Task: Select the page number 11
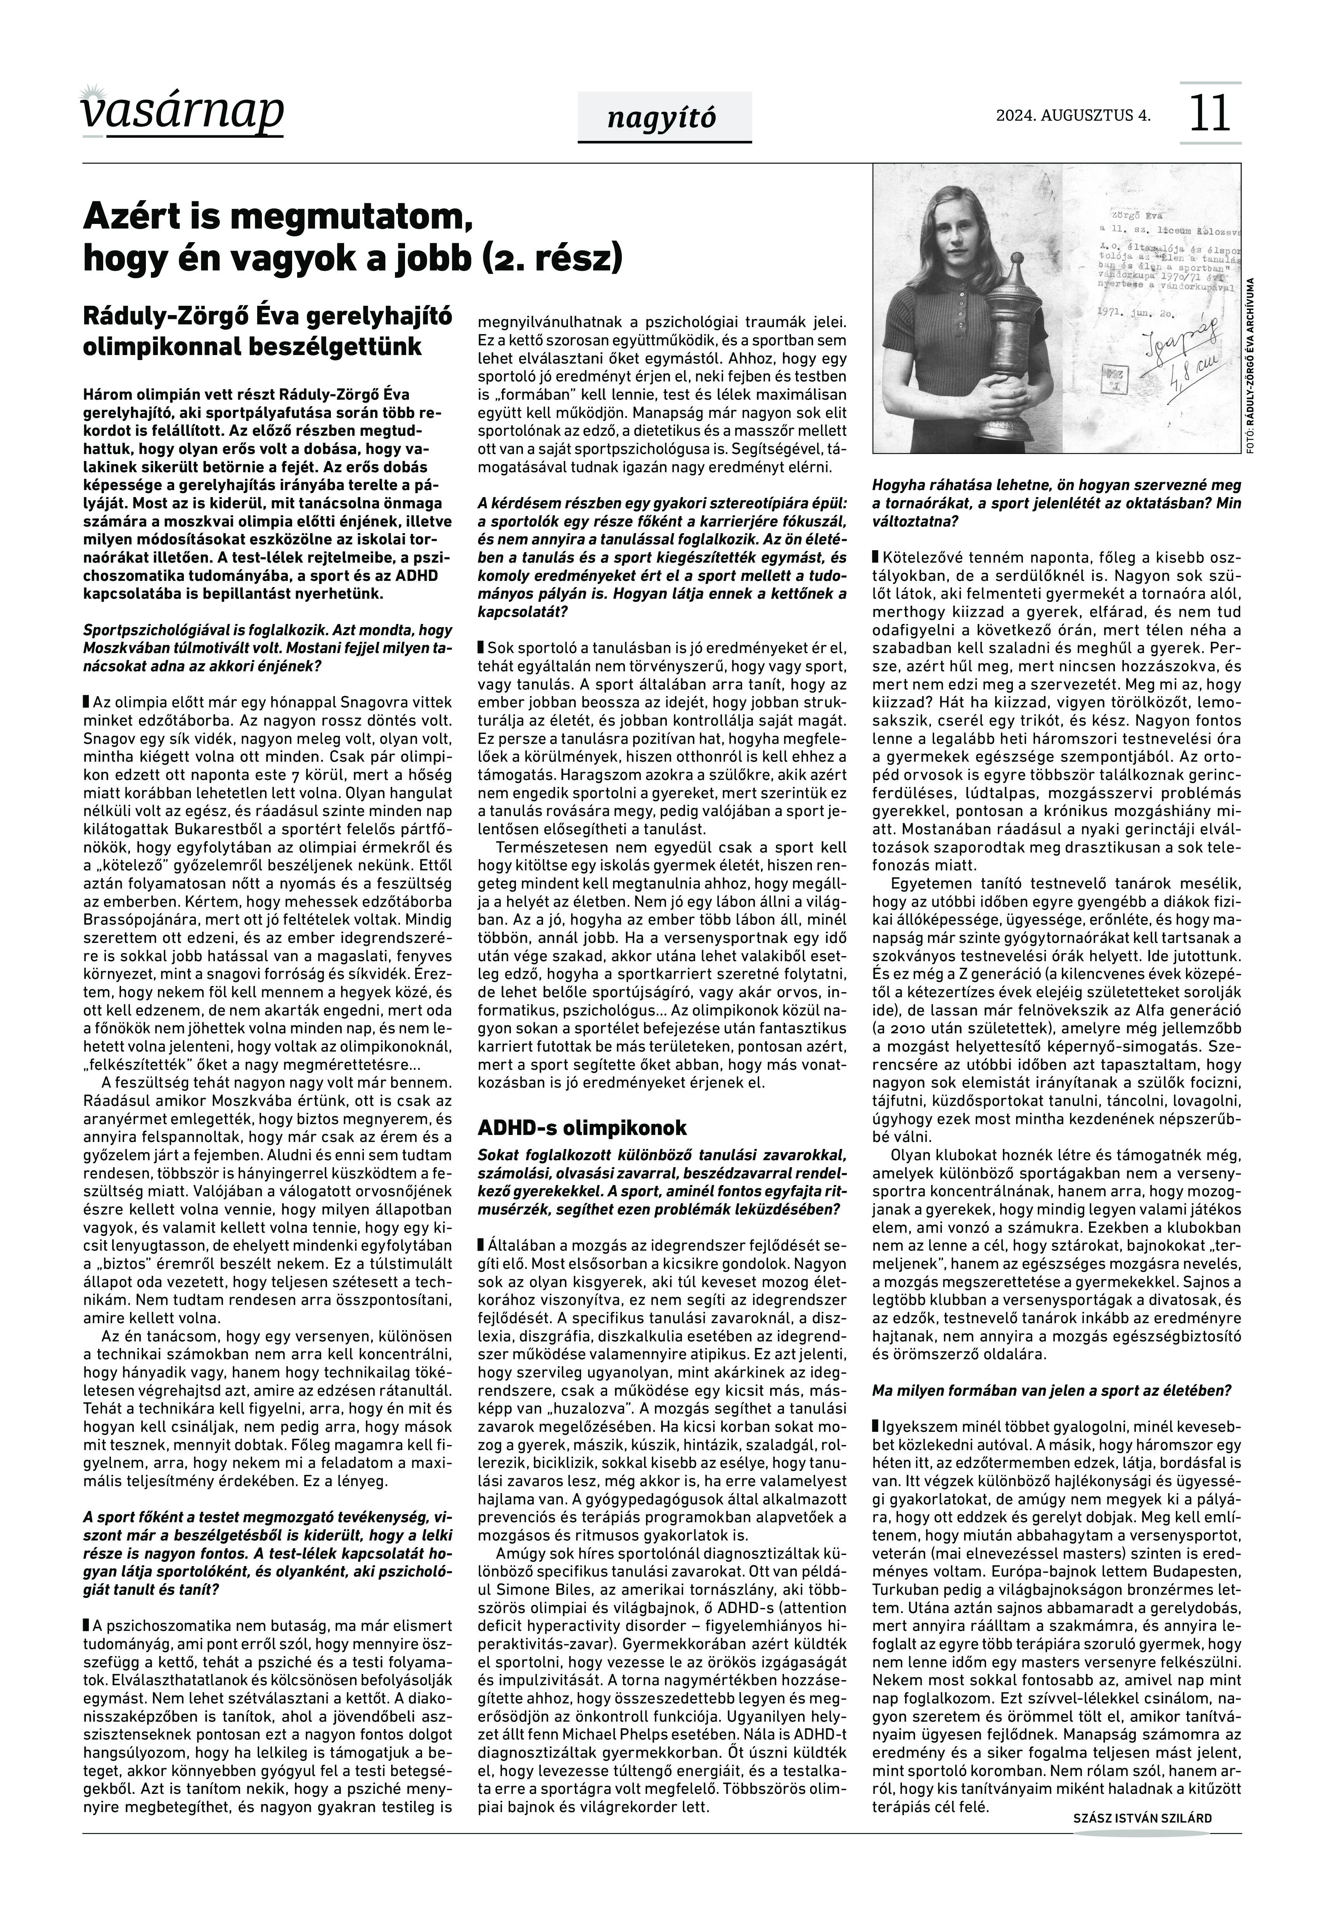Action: pyautogui.click(x=1210, y=114)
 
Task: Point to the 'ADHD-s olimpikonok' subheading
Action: pyautogui.click(x=582, y=1128)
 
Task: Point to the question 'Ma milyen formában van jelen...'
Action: pyautogui.click(x=1051, y=1390)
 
